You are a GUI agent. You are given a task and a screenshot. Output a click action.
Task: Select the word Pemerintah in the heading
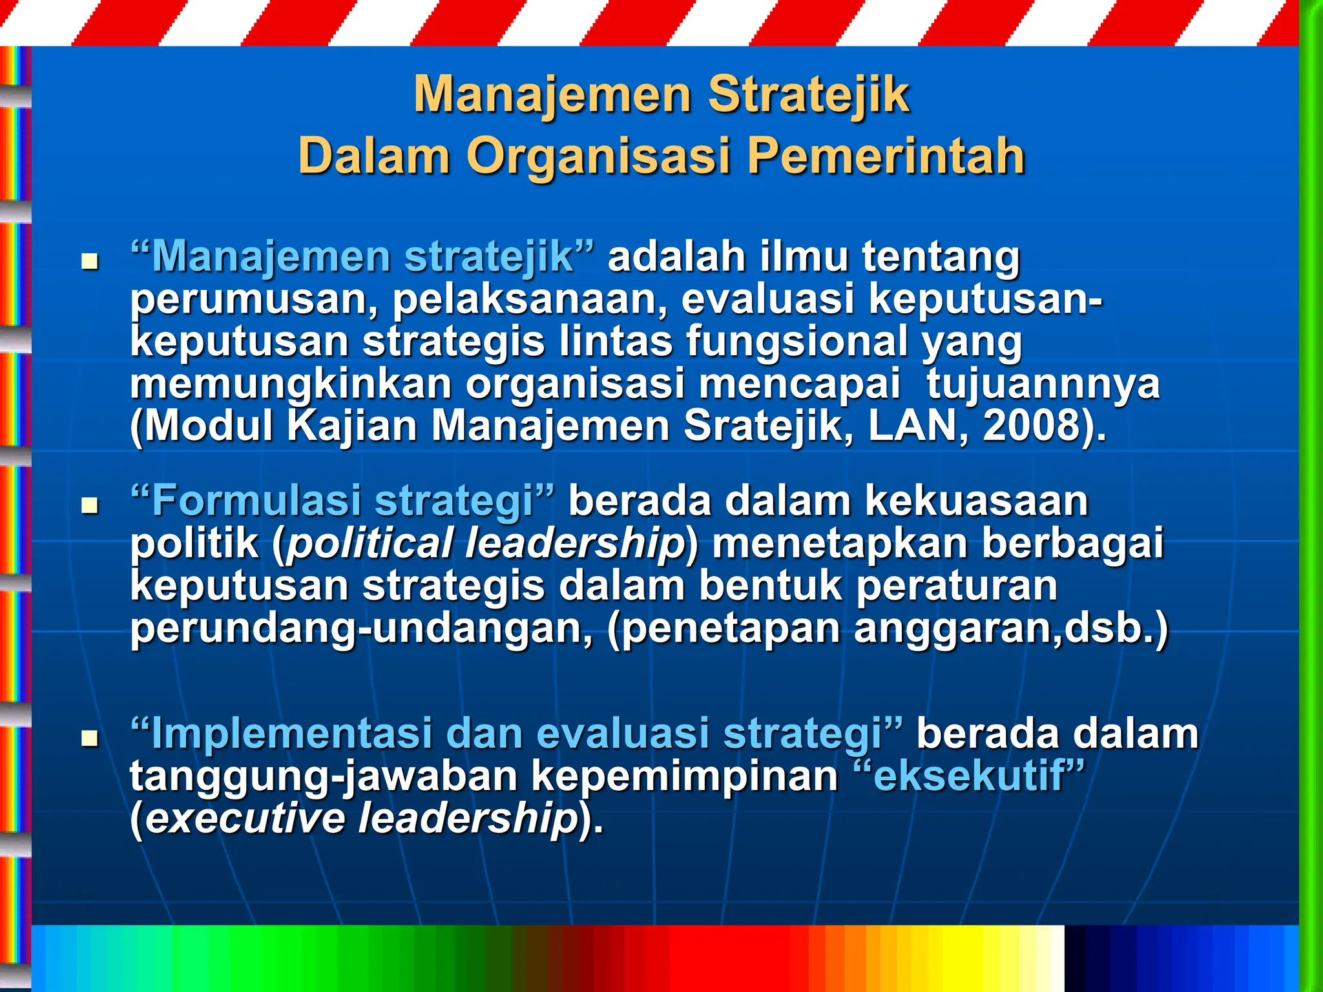[886, 156]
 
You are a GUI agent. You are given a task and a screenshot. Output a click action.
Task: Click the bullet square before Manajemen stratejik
[89, 262]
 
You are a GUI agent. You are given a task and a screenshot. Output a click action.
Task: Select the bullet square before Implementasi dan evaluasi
[89, 738]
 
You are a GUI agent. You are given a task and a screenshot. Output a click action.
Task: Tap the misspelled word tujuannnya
[1043, 385]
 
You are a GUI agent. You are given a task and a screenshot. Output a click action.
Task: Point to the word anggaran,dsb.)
[1011, 628]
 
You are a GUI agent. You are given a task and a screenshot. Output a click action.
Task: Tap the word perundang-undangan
[361, 628]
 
